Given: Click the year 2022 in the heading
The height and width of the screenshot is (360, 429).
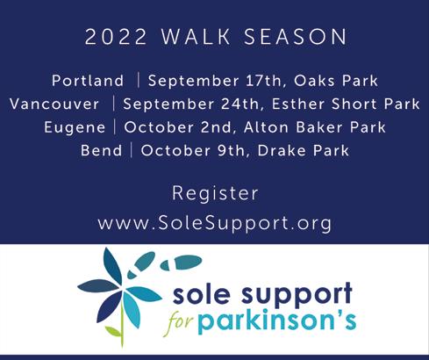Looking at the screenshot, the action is [116, 37].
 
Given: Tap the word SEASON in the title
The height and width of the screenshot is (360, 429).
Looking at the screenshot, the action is [296, 37].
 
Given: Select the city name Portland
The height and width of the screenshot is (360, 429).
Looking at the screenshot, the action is [88, 81].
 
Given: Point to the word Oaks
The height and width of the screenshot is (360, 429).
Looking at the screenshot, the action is [314, 81].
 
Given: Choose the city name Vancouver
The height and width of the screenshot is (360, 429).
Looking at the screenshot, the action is [54, 104].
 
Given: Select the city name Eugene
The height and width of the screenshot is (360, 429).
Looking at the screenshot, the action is [75, 128].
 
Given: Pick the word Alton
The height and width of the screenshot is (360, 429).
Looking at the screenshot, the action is [266, 127].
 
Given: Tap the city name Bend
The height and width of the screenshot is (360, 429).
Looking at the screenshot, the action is [102, 150].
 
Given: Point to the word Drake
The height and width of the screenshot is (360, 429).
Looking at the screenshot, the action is [282, 150].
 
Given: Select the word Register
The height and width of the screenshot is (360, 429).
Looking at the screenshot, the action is [215, 194].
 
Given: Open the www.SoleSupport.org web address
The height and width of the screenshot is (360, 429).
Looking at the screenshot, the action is [215, 224].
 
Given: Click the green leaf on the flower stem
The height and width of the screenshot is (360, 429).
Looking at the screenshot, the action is [113, 331].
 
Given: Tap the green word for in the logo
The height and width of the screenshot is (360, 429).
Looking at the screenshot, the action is [180, 322].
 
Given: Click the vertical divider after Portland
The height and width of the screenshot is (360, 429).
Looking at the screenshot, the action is [139, 81].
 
